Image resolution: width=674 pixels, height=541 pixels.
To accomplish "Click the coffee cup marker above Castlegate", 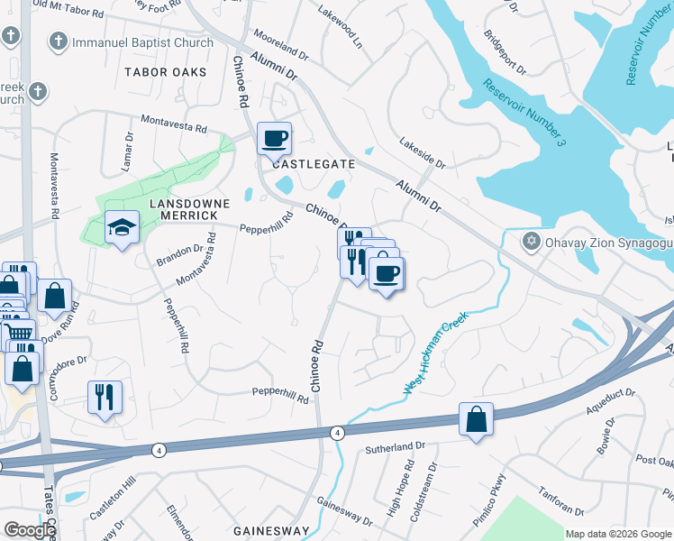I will tap(274, 139).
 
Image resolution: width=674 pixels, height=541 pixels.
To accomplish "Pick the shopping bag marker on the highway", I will tap(475, 419).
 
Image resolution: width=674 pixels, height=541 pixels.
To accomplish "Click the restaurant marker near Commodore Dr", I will tap(105, 397).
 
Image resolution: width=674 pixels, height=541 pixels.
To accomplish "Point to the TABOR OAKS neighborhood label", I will tap(166, 71).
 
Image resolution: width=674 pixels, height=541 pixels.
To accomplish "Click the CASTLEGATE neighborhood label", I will tap(309, 165).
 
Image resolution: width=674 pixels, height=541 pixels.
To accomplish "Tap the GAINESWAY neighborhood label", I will tap(272, 531).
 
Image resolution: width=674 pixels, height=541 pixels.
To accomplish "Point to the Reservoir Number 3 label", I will tap(524, 112).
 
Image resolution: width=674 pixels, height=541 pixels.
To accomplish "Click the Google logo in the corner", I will tap(29, 530).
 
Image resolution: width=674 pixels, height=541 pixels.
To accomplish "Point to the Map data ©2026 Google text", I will tap(618, 534).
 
